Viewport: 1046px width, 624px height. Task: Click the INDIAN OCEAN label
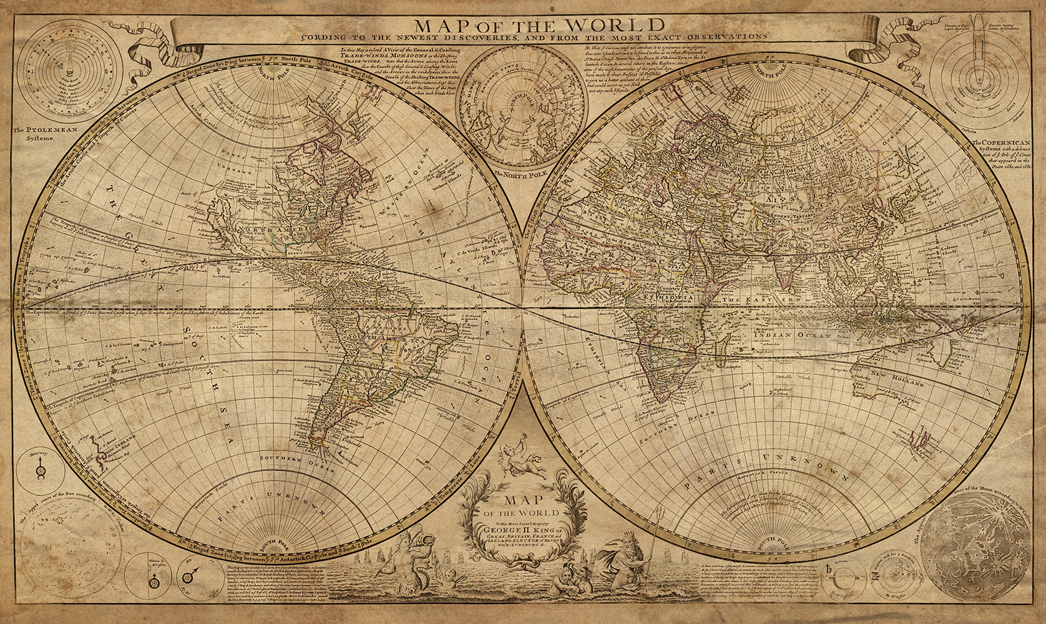pos(790,335)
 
